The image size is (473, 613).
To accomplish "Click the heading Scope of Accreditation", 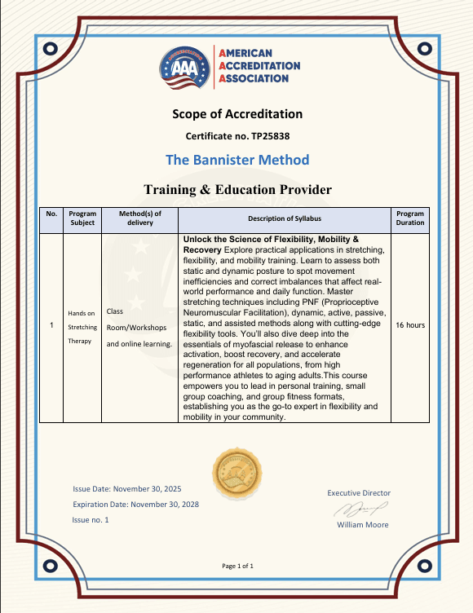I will point(236,114).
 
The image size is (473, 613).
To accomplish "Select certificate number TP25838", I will point(237,135).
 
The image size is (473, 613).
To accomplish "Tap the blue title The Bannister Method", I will point(236,159).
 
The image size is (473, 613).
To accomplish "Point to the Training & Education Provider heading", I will point(237,189).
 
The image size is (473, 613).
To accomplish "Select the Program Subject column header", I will point(82,218).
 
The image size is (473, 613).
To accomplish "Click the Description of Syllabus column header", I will point(285,218).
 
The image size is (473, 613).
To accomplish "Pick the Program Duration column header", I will point(410,218).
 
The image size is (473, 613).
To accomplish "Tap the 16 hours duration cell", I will point(410,325).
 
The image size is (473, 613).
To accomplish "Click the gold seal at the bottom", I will point(236,473).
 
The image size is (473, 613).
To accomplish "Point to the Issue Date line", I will point(126,489).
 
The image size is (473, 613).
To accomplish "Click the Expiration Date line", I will point(135,504).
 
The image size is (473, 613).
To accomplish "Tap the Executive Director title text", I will point(359,492).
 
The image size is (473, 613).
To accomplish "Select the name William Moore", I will point(363,524).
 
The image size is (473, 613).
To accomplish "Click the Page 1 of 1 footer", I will point(237,566).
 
